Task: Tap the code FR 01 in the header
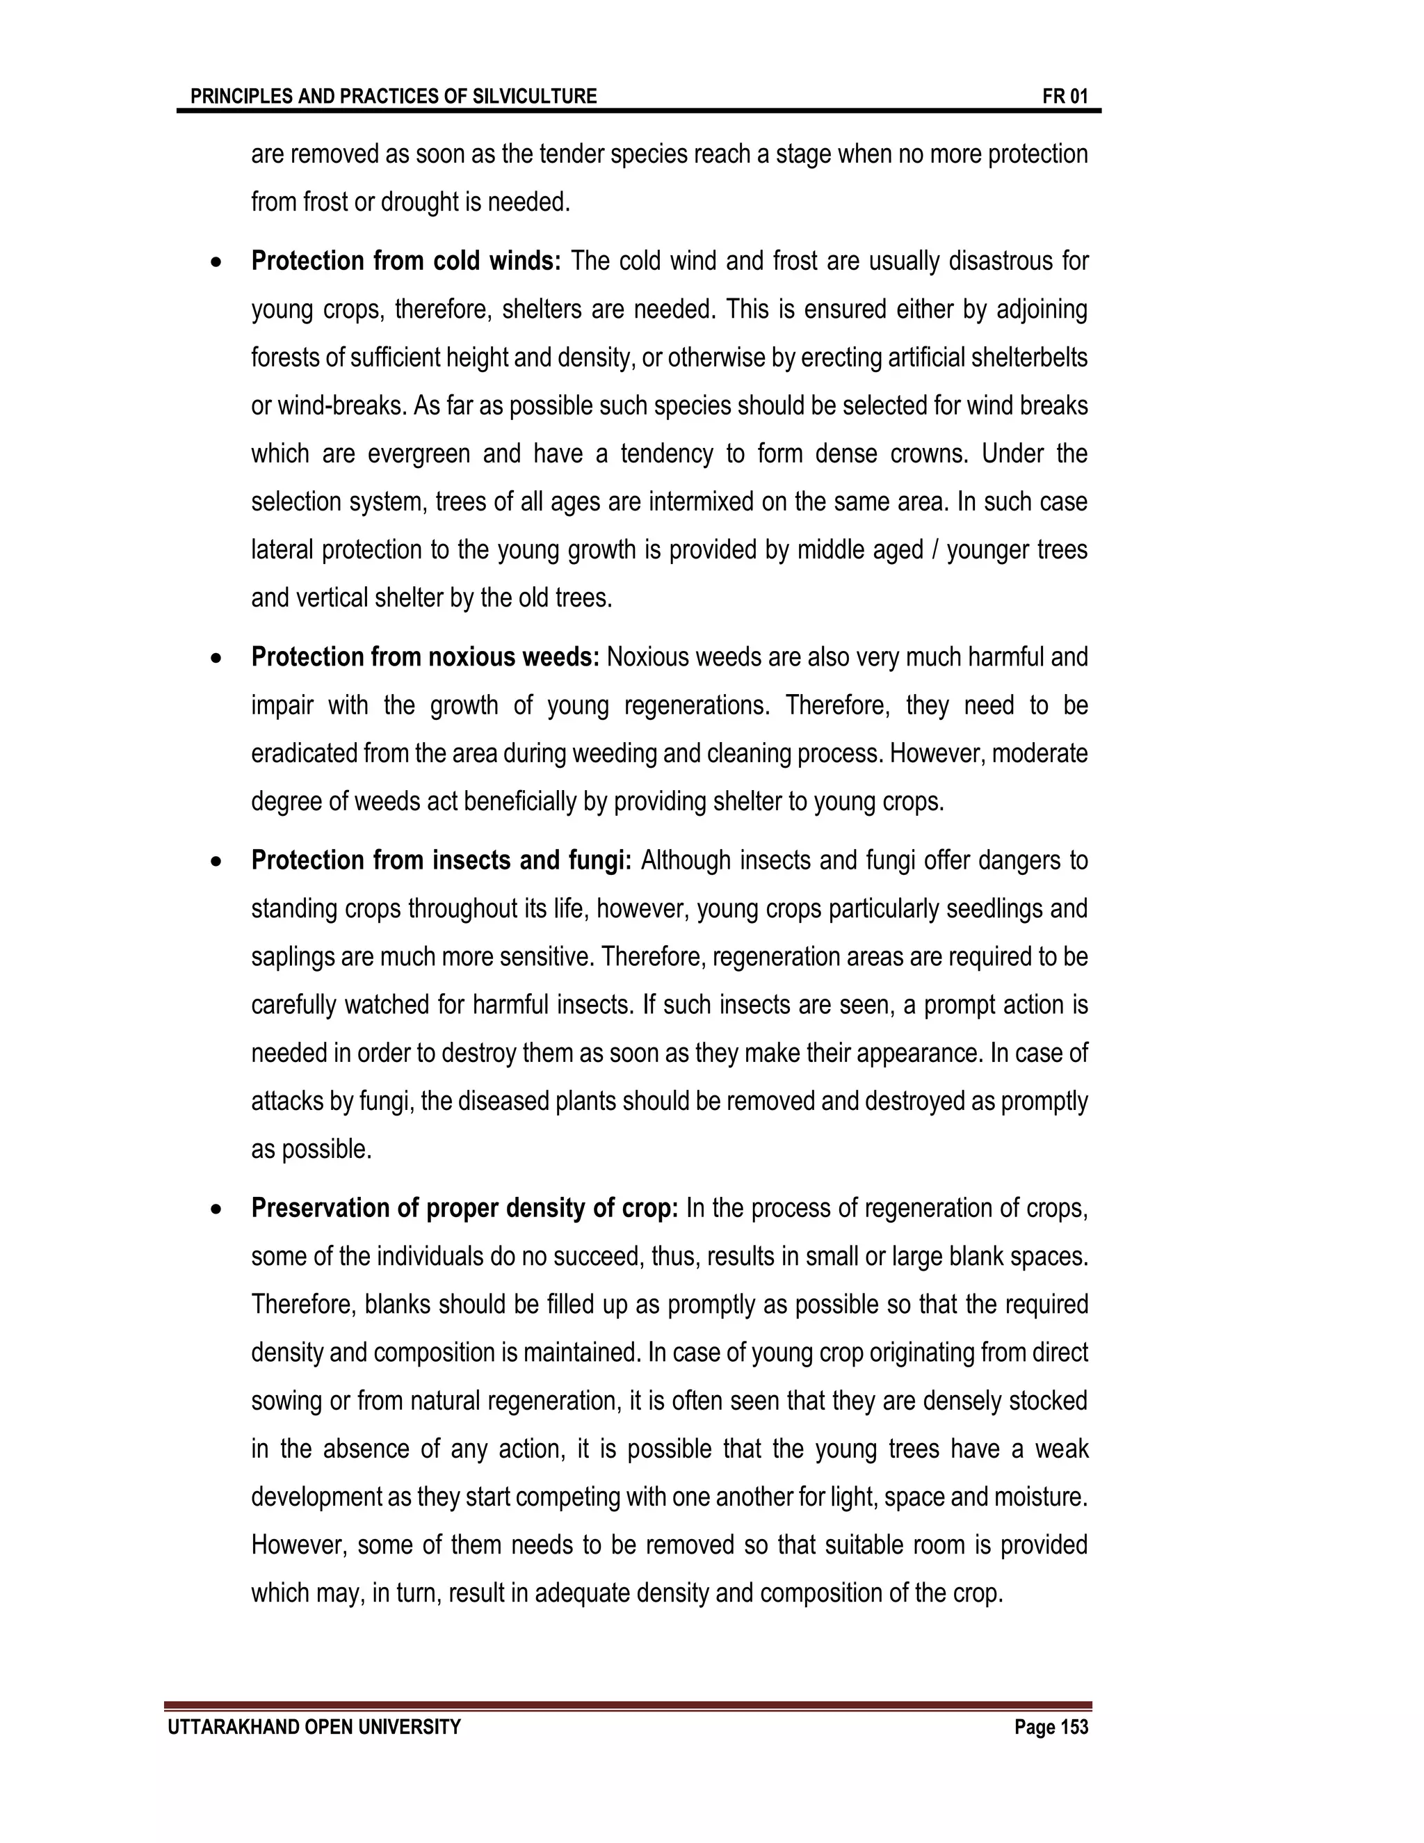1065,96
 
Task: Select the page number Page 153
1051,1728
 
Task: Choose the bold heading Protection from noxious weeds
425,657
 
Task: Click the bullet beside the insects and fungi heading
218,862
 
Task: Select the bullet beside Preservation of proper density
218,1210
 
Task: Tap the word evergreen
419,454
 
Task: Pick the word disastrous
1000,261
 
